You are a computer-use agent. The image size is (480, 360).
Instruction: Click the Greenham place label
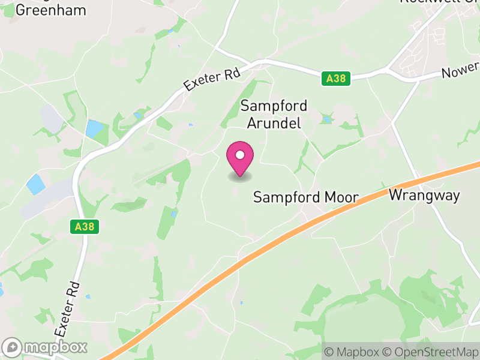click(51, 10)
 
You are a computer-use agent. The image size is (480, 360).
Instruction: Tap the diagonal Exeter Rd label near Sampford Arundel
click(212, 79)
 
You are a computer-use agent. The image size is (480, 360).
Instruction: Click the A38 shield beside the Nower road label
click(335, 78)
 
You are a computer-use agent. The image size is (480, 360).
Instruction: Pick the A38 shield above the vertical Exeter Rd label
click(84, 226)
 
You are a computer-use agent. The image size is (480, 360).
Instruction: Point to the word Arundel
click(274, 123)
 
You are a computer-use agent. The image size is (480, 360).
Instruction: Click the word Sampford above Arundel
click(274, 106)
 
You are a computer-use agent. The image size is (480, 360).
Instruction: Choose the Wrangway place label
click(424, 195)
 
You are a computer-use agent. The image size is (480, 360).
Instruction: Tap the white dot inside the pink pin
click(240, 155)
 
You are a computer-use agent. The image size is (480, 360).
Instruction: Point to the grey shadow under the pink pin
click(240, 176)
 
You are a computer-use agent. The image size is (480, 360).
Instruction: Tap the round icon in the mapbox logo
click(13, 347)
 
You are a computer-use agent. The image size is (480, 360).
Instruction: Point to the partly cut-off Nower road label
click(461, 72)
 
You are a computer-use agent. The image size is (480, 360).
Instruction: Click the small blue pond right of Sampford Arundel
click(327, 120)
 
